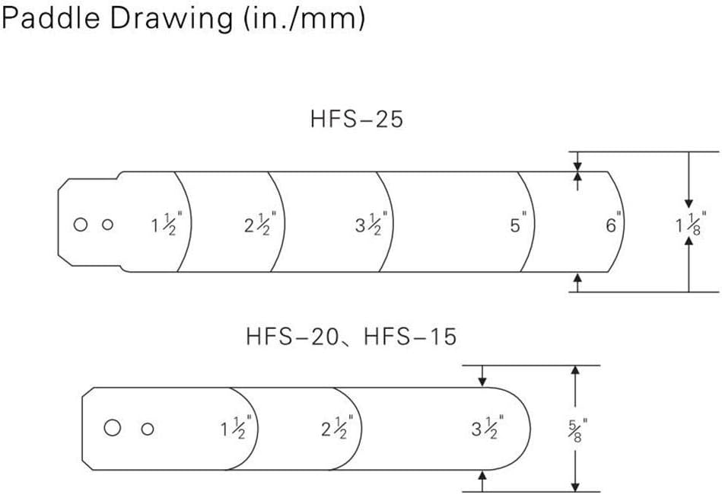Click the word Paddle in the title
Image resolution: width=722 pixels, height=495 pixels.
click(x=51, y=18)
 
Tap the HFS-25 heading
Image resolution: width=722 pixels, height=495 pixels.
click(x=357, y=119)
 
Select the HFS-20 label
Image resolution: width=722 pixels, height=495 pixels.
click(x=292, y=337)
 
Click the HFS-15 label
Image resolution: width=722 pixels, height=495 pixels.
click(x=410, y=337)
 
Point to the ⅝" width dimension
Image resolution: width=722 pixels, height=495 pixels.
click(x=577, y=430)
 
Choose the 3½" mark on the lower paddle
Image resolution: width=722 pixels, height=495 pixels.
click(x=487, y=427)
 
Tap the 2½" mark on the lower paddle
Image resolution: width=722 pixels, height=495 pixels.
click(x=337, y=427)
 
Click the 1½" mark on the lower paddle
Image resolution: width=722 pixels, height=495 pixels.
click(x=236, y=427)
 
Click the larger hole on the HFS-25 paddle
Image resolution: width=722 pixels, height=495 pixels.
click(x=81, y=225)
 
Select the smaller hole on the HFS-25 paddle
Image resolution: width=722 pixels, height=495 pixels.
click(x=108, y=225)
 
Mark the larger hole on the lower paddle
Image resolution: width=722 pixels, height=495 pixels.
click(x=113, y=428)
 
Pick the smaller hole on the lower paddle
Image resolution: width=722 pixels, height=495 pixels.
click(x=148, y=429)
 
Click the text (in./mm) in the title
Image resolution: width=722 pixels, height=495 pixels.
click(x=304, y=19)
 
